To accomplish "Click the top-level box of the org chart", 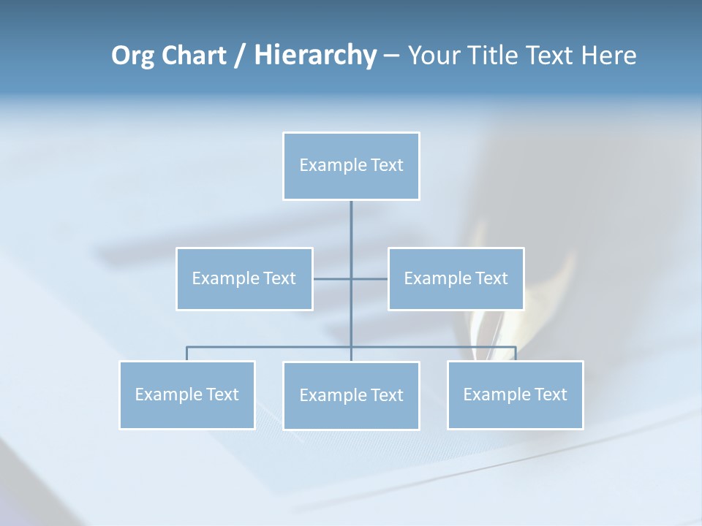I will (351, 166).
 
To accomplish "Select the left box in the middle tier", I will (244, 278).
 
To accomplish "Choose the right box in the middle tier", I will (456, 278).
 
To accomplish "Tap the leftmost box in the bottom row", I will (187, 394).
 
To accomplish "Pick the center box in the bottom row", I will (351, 395).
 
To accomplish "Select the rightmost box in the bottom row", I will (515, 394).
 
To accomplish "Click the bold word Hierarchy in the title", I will (314, 56).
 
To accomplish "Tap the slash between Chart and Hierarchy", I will (240, 56).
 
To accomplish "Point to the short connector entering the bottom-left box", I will (187, 354).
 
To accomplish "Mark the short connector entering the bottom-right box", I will (516, 354).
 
